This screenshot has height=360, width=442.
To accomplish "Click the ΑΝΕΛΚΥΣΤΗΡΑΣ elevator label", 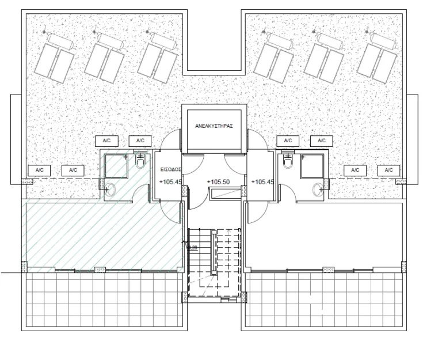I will tap(214, 127).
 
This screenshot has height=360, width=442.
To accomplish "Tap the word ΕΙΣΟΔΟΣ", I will tap(171, 170).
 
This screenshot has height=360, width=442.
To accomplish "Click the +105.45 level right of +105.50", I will tap(262, 182).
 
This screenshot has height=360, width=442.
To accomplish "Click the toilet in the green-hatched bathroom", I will tap(140, 164).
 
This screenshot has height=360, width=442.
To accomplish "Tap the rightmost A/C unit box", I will tap(388, 170).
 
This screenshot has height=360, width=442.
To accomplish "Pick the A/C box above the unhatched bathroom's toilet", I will tap(288, 141).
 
